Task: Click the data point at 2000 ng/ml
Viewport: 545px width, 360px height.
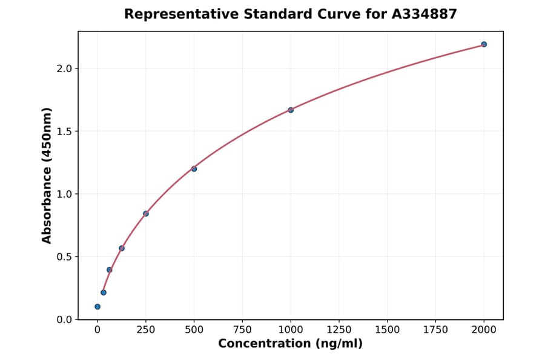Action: [484, 44]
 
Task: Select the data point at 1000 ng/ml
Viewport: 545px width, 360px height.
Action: [291, 110]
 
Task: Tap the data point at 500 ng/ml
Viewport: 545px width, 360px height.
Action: [194, 168]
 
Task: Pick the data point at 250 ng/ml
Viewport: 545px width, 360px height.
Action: [146, 213]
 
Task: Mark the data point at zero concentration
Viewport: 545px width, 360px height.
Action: [97, 307]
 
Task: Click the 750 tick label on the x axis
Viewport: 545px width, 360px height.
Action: [242, 330]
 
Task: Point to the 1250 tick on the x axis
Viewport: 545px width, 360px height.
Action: [339, 330]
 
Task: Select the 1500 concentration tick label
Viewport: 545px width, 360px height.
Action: [388, 330]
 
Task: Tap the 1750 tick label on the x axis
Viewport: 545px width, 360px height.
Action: [435, 330]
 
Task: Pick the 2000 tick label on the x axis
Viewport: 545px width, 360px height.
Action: [484, 330]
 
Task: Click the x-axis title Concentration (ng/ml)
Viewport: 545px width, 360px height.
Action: [291, 344]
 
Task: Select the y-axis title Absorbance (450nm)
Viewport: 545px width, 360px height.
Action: [47, 175]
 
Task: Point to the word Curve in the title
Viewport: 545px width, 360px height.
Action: [340, 14]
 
